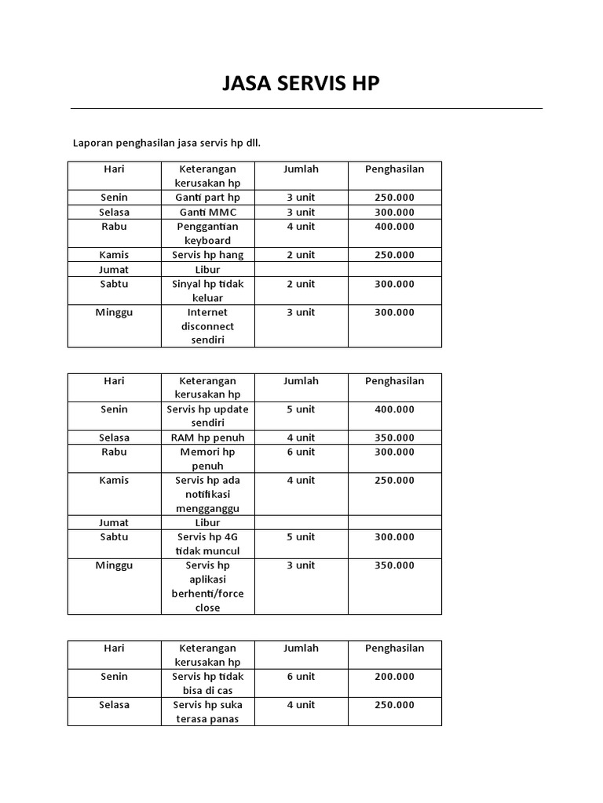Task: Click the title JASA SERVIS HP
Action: coord(301,84)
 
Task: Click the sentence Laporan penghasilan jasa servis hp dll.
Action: coord(166,143)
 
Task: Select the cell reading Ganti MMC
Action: coord(207,212)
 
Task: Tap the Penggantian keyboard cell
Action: coord(207,233)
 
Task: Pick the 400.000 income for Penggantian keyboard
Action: coord(394,227)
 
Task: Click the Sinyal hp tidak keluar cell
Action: coord(207,291)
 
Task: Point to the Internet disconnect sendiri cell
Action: coord(207,326)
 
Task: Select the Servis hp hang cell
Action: coord(207,255)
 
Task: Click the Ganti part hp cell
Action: coord(207,197)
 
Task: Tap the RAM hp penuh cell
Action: coord(207,438)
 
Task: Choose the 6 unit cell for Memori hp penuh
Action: coord(301,452)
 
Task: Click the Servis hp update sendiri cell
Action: coord(207,416)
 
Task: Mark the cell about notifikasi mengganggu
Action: coord(207,494)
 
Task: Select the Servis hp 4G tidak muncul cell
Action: coord(207,543)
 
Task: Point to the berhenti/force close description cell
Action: coord(207,587)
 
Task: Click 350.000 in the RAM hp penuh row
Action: coord(394,438)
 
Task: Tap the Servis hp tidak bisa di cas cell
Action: coord(207,683)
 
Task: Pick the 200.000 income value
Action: coord(394,677)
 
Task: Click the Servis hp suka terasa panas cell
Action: coord(207,712)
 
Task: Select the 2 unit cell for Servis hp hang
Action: coord(301,255)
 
